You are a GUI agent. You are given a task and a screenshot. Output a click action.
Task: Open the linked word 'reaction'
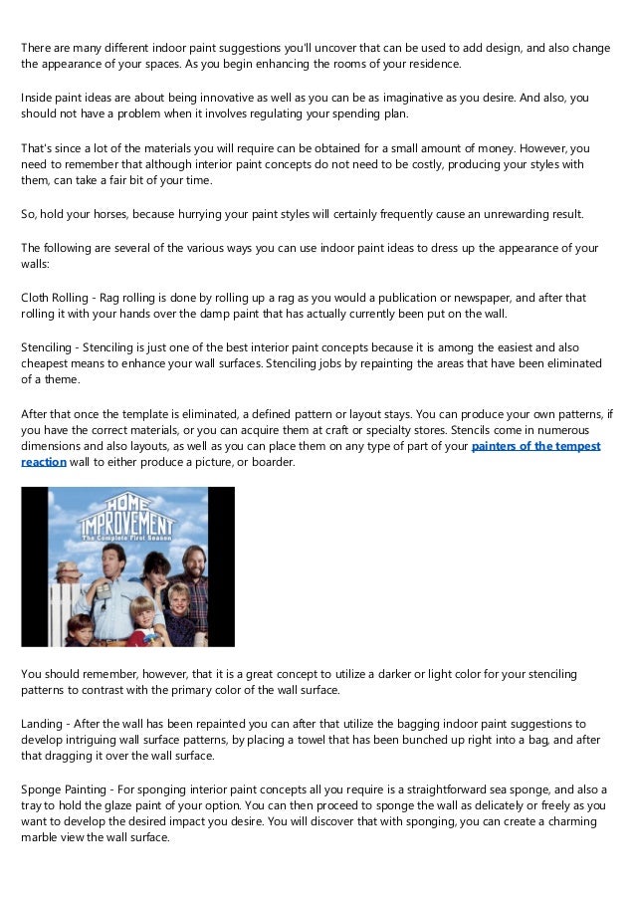point(44,462)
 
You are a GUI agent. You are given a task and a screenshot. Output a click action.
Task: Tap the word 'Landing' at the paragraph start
point(43,724)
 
